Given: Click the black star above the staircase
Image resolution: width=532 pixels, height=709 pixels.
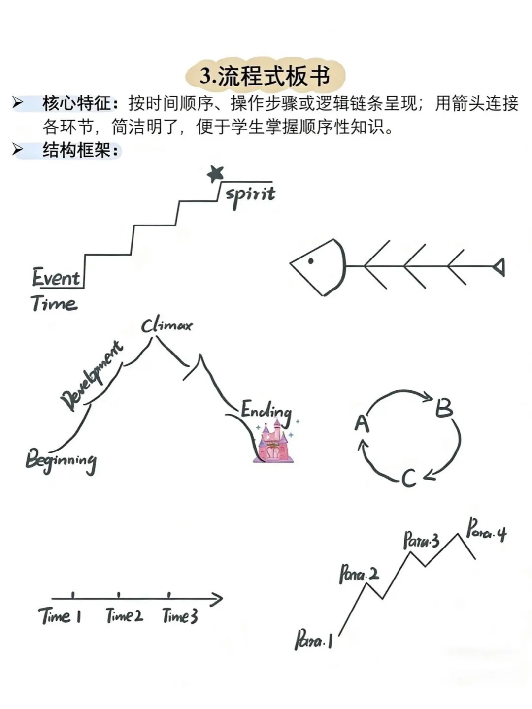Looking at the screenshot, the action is [215, 173].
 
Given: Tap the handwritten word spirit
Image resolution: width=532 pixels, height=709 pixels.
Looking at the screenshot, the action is [250, 195].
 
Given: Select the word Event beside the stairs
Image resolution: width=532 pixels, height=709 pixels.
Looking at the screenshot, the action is [56, 278].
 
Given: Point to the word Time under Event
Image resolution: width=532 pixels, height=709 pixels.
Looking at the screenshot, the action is [54, 303].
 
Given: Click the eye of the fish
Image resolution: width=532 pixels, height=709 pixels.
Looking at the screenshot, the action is [311, 261].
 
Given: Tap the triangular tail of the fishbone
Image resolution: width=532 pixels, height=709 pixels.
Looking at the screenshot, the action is [499, 267].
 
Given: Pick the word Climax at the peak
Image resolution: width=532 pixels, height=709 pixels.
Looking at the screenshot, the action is [166, 325].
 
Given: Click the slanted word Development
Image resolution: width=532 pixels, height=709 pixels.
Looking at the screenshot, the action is [92, 376].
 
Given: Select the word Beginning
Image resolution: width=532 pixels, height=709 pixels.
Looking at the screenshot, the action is [61, 461].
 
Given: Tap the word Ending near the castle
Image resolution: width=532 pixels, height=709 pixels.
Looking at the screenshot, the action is [266, 411].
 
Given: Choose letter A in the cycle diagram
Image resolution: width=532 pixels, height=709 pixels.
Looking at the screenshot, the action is [362, 423].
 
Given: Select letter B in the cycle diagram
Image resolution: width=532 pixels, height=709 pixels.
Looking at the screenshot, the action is [444, 408].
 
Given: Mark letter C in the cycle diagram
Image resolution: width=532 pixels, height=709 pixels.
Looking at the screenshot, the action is [409, 478].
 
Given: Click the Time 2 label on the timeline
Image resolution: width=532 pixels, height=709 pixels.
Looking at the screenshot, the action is [124, 616].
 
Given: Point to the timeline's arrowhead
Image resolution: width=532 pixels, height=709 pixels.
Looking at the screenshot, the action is [217, 599].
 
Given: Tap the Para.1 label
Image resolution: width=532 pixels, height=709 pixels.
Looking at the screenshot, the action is [314, 641].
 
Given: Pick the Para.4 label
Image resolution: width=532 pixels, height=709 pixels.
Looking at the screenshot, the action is [486, 531].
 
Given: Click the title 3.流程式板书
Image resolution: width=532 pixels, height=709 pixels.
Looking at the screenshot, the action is [265, 77].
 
